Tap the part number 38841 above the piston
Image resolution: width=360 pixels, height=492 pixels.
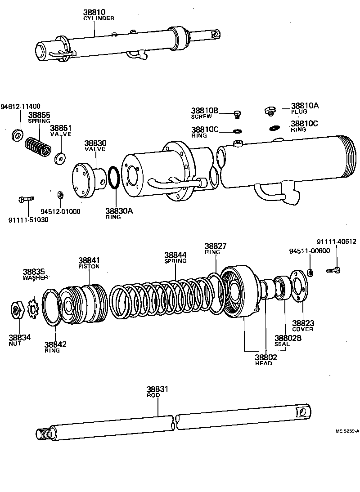pos(89,260)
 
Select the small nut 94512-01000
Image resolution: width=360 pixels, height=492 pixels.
pos(60,195)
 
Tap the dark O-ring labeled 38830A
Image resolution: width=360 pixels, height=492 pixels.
pos(114,180)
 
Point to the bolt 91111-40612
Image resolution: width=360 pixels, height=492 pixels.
pos(334,270)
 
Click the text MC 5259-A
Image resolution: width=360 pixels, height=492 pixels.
pos(347,431)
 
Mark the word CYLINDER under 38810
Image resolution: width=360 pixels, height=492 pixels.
pos(99,18)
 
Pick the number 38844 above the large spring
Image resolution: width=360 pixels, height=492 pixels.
pos(175,255)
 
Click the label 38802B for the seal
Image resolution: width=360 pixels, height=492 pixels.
pos(288,338)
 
